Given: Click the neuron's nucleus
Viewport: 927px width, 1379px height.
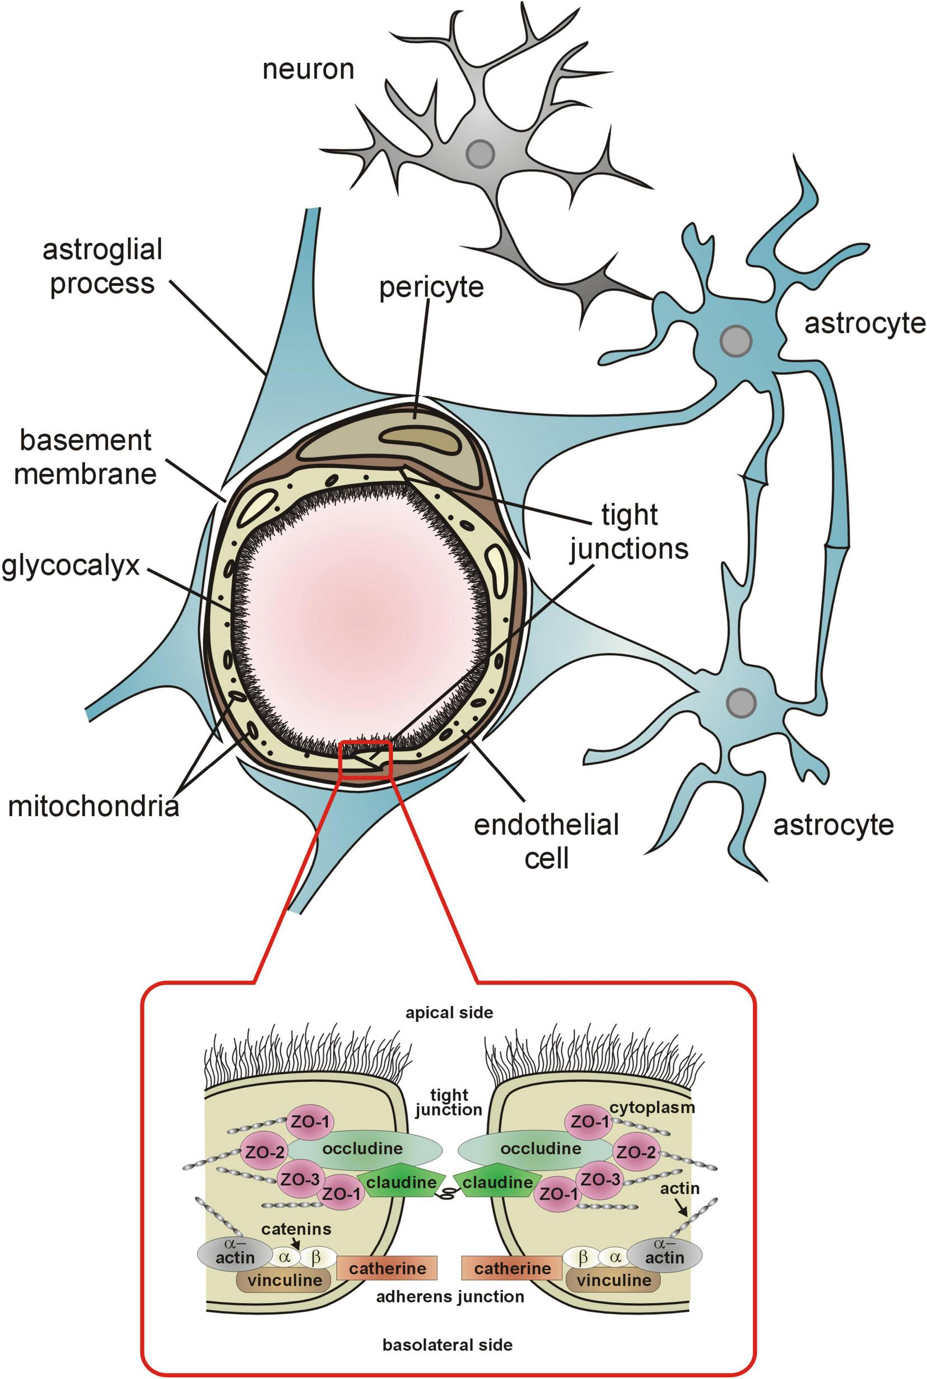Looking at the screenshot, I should pos(479,154).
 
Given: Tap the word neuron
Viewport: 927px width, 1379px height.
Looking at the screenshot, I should pos(308,69).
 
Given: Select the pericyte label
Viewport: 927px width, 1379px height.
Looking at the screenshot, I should pos(431,287).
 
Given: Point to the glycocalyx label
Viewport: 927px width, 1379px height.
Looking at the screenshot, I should pos(71,565).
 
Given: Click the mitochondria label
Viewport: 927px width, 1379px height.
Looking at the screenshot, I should pos(94,806).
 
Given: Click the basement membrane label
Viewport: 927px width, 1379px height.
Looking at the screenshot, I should pos(85,457).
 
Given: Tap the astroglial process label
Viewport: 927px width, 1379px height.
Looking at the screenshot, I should pos(103,266).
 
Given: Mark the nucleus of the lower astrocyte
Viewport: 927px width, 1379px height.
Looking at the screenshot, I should pos(741,702).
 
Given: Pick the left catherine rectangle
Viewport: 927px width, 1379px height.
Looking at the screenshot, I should pos(387,1269).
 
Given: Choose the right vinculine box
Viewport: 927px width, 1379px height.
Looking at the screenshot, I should pos(613,1280).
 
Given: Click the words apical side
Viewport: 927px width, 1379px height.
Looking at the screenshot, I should pos(449,1013).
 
